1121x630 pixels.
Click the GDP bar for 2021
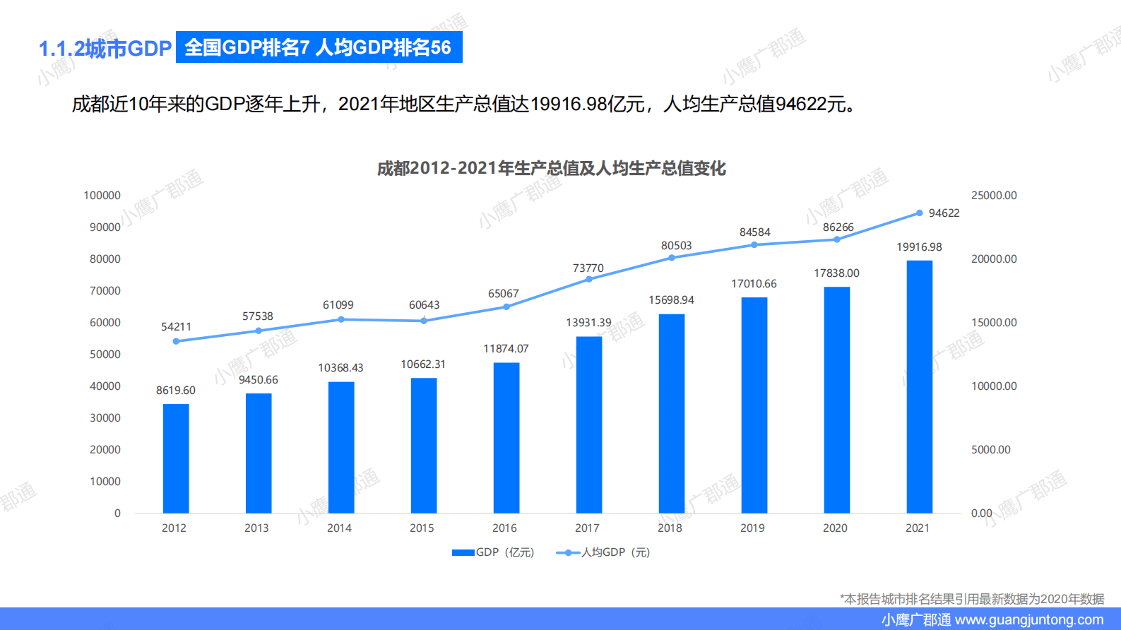click(919, 387)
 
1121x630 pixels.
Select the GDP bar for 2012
click(176, 458)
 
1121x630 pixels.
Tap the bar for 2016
click(506, 438)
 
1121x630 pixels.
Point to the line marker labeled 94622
click(919, 213)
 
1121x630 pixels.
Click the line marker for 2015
click(424, 321)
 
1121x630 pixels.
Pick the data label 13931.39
click(588, 323)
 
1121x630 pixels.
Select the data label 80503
click(676, 246)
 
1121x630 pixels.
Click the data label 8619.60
click(176, 391)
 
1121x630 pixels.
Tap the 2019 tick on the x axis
click(752, 528)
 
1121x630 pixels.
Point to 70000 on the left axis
click(105, 291)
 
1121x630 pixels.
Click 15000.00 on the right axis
click(994, 323)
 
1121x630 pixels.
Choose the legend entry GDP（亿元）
click(494, 552)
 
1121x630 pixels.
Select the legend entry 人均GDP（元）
click(604, 552)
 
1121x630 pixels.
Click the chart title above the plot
click(551, 169)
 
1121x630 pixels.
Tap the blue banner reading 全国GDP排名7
click(319, 47)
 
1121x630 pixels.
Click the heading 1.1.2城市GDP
click(105, 49)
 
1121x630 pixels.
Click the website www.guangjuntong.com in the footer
click(1028, 620)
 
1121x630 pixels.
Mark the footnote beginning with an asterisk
click(972, 599)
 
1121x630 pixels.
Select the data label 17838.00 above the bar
click(836, 273)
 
